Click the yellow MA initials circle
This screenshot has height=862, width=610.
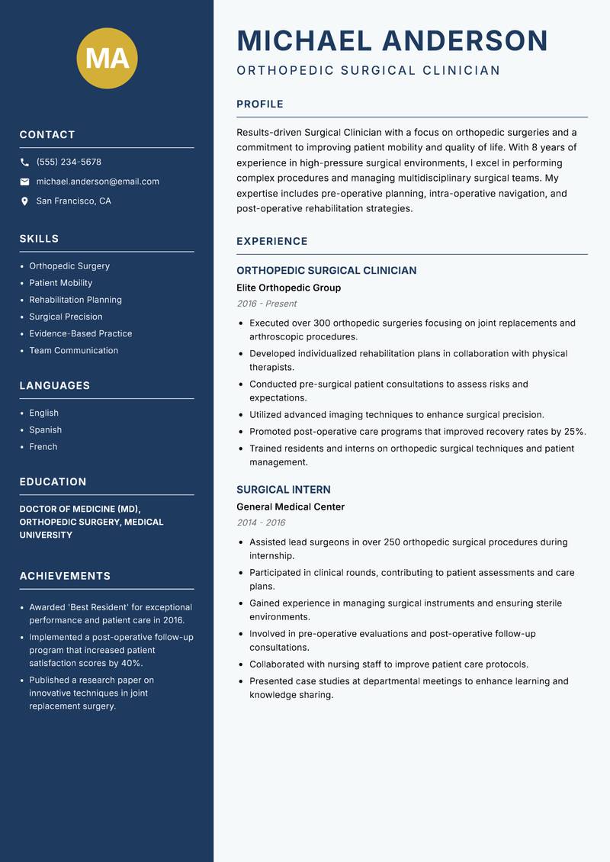tap(108, 58)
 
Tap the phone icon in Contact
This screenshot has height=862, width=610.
tap(24, 162)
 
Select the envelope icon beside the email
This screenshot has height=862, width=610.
tap(24, 182)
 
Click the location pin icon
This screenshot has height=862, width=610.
tap(24, 201)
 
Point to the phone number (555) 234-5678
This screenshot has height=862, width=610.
tap(69, 162)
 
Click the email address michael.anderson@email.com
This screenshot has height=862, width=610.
tap(98, 182)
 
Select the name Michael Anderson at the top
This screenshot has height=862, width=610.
tap(393, 40)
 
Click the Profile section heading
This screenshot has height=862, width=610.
tap(260, 105)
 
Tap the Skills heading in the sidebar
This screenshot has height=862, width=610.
tap(40, 239)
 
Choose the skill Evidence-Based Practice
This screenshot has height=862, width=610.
tap(81, 333)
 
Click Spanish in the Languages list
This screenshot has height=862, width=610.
tap(46, 429)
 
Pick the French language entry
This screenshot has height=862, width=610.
tap(43, 446)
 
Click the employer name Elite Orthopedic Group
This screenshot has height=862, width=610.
tap(289, 288)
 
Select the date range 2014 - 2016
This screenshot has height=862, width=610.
tap(261, 523)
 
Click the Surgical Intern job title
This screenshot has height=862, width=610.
tap(284, 490)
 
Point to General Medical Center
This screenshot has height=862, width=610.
tap(291, 507)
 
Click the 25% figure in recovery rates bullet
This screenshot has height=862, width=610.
tap(574, 432)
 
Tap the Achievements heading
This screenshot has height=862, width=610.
tap(65, 576)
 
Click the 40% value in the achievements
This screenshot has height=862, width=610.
tap(131, 663)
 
